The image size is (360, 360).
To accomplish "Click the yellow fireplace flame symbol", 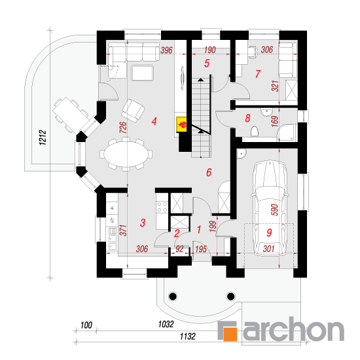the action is pos(181,124).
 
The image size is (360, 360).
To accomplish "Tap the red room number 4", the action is pos(154,121).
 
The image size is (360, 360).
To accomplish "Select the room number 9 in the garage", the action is pos(269,232).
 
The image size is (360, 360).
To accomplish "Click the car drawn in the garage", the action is pos(269,208).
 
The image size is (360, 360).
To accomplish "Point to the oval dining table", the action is pos(126,154).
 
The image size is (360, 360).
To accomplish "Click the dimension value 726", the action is pos(123,128).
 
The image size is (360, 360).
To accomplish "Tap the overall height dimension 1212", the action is pos(43,137).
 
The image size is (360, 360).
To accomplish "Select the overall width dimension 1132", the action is pos(188,336).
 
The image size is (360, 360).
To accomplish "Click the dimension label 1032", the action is pos(166,324).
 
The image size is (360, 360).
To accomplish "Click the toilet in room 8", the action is pos(255,132).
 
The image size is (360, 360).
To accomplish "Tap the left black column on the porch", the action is pos(173,297).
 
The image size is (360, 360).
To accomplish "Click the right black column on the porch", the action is pos(231,297).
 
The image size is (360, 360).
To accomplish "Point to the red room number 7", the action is pos(258,74).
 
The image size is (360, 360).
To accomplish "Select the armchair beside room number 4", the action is pos(133,111).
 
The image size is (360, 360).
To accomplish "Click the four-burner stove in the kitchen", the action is pos(162,207).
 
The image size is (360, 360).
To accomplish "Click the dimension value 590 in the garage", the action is pos(275,209).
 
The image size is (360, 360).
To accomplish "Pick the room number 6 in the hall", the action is pos(209,172).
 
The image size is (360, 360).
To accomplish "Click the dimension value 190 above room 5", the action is pos(209,50).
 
